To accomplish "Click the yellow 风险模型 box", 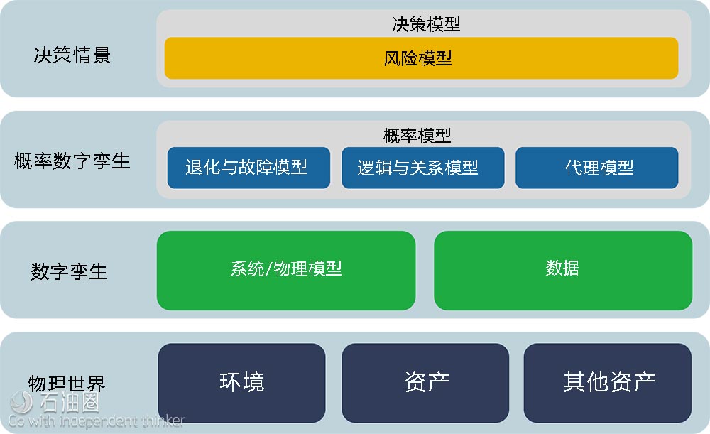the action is [x=421, y=58].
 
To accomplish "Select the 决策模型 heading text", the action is [x=426, y=24].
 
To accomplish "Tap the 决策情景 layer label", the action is [x=72, y=55].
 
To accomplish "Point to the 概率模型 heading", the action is [x=417, y=136].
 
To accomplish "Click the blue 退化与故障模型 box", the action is [x=248, y=168].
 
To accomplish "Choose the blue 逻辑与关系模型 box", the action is [x=423, y=168].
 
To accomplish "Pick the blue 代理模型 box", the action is [x=597, y=168].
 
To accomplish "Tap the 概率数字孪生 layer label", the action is [x=72, y=161].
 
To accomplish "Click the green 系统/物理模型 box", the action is [x=286, y=271].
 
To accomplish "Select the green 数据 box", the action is [x=563, y=271].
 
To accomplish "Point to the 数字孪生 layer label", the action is [x=70, y=272].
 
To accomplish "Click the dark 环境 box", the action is [x=242, y=383].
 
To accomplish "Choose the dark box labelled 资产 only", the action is [x=425, y=383].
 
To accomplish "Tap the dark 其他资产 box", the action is [x=608, y=383].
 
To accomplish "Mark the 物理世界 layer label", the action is [x=67, y=384].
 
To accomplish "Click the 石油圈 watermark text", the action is [x=70, y=402].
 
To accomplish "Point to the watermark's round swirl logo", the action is [x=21, y=402].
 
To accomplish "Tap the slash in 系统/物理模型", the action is [x=269, y=269].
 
